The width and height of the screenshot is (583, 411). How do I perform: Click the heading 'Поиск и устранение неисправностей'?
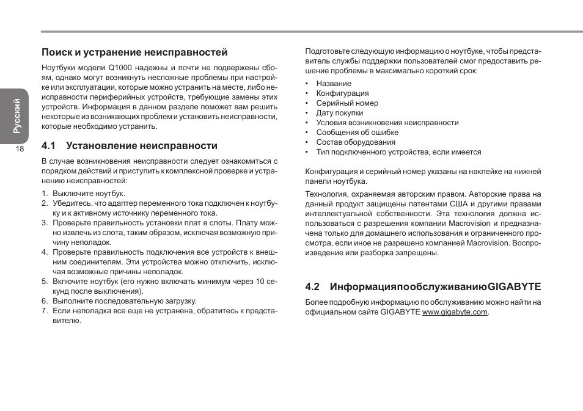(134, 53)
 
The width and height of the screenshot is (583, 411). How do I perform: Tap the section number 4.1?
(49, 145)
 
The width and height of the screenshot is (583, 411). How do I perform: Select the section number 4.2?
(313, 286)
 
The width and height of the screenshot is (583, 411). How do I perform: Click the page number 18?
(20, 149)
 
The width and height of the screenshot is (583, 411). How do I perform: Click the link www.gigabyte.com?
(455, 312)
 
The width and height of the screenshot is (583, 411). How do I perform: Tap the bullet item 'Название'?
(334, 84)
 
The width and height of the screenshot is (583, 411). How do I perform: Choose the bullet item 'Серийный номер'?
(347, 103)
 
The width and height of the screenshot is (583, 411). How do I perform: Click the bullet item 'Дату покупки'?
(339, 113)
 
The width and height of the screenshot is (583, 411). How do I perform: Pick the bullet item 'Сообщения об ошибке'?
(357, 133)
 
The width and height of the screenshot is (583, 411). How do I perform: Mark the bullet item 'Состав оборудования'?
(356, 142)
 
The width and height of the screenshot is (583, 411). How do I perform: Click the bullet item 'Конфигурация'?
(342, 93)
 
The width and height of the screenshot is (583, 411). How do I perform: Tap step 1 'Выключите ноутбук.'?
(88, 194)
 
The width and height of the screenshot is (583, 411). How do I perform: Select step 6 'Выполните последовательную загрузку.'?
(124, 301)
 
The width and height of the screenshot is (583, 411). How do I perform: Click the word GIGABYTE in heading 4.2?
(515, 286)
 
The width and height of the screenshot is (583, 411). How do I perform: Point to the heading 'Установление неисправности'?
(142, 145)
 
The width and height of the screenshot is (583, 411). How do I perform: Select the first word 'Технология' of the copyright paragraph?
(325, 194)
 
